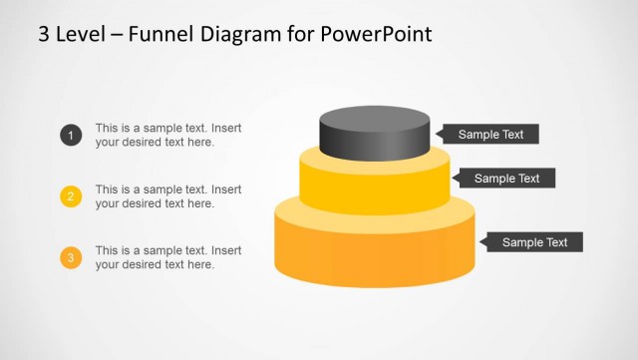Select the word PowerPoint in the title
[x=378, y=34]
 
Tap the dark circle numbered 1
[x=71, y=136]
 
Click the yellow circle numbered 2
[x=71, y=196]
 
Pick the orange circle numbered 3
[x=71, y=257]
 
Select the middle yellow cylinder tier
[x=375, y=189]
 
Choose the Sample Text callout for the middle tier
[x=505, y=179]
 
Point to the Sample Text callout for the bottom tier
[x=533, y=242]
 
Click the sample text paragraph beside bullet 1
[x=167, y=136]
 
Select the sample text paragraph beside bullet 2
[x=167, y=196]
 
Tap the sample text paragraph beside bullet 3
[x=167, y=257]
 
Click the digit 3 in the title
[x=45, y=34]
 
